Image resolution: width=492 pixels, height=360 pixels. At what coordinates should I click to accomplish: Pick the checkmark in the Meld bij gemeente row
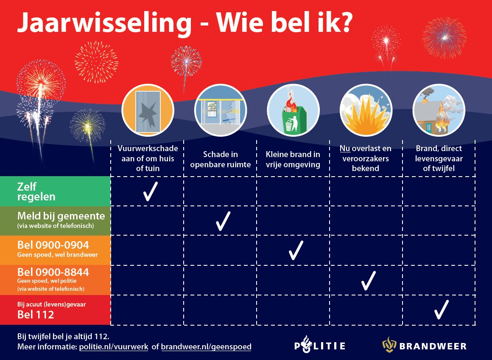[223, 221]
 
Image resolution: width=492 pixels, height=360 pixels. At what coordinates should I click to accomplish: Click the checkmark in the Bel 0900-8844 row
[368, 280]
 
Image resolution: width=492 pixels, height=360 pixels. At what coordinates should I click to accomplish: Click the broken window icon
[147, 111]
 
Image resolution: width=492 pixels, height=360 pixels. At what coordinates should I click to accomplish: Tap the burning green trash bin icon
[293, 111]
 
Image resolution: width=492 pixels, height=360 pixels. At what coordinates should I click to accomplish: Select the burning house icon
[439, 111]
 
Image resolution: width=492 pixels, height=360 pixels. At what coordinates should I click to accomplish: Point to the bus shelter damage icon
[220, 111]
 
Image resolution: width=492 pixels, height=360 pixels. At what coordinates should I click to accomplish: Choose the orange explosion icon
[366, 111]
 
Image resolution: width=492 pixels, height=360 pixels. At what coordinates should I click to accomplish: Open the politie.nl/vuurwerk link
[114, 347]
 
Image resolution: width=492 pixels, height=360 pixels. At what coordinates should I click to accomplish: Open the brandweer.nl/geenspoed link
[206, 347]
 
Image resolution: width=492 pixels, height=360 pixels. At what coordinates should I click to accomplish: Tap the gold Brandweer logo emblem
[389, 345]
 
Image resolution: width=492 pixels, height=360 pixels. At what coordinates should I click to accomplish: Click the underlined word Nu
[344, 149]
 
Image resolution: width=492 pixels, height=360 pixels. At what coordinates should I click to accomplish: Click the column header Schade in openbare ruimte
[220, 160]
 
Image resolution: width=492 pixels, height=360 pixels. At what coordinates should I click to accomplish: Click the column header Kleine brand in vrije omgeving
[293, 160]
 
